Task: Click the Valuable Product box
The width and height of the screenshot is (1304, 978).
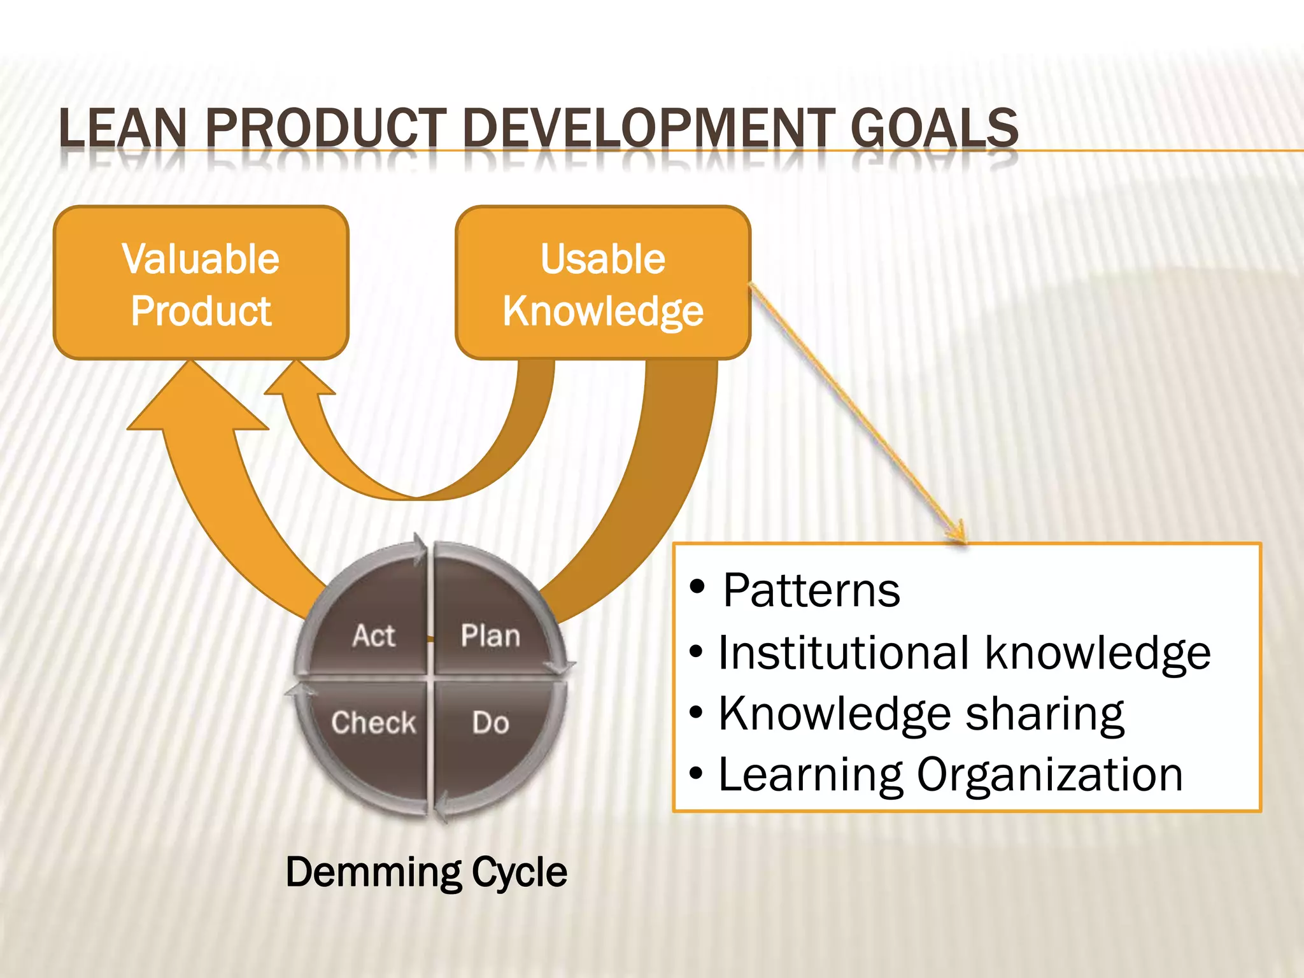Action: (x=201, y=282)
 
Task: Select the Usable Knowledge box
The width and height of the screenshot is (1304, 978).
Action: (x=602, y=282)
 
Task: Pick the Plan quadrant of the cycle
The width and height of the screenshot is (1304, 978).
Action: (x=490, y=627)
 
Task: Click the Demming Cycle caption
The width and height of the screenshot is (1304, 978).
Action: (x=426, y=872)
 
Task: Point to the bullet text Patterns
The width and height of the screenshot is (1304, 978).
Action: (x=811, y=591)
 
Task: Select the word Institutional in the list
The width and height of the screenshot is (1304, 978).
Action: (x=844, y=653)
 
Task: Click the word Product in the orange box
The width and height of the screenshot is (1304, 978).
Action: (x=201, y=311)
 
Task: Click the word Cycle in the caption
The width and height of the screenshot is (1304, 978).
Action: (x=519, y=872)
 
